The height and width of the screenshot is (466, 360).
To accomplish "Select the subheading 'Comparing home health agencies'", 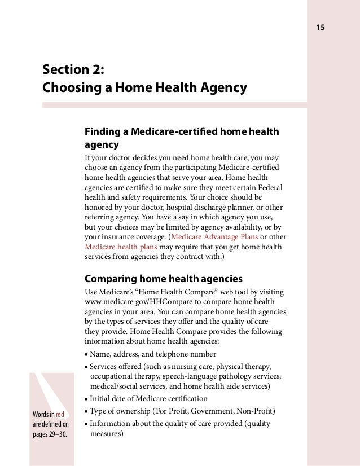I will (163, 279).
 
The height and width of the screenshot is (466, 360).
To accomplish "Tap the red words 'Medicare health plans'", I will (121, 247).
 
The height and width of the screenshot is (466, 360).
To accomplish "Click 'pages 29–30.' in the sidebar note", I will (49, 434).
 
